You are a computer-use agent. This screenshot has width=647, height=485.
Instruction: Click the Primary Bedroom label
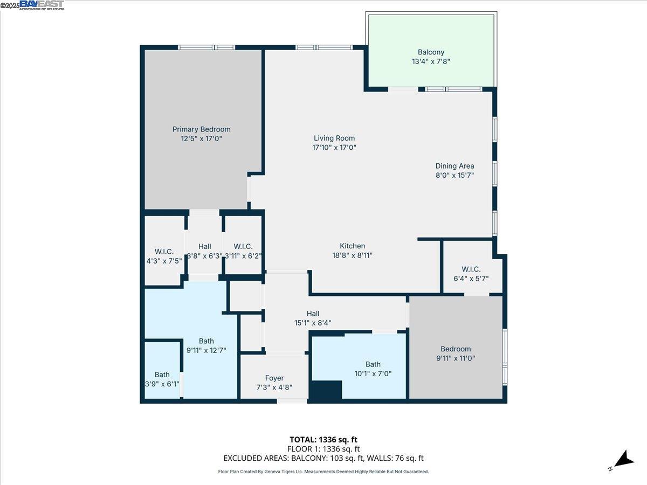(201, 129)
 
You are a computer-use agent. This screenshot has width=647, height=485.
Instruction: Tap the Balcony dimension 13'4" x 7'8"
(431, 62)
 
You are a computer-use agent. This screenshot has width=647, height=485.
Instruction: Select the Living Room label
(334, 138)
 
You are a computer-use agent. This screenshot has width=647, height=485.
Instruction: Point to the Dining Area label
(455, 166)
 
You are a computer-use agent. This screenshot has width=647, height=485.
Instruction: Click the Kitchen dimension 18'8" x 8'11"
(353, 255)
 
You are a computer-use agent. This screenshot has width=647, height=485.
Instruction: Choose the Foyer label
(274, 378)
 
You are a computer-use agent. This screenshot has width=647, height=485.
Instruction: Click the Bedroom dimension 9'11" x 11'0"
(456, 358)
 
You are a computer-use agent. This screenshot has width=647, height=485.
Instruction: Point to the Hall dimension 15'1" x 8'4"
(313, 323)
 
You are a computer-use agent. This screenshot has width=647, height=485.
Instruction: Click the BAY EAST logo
(42, 5)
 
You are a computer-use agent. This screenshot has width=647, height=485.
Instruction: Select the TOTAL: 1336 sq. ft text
(323, 440)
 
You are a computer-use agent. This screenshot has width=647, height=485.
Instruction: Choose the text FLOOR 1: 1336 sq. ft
(323, 449)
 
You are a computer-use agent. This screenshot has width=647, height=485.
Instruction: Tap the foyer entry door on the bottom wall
(291, 401)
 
